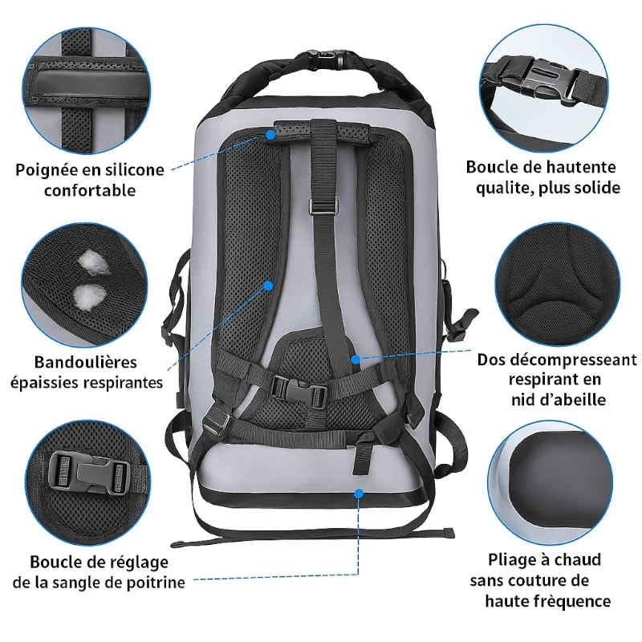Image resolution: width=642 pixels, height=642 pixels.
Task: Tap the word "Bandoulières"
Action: coord(86,362)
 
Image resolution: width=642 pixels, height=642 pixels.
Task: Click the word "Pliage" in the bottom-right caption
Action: coord(511,560)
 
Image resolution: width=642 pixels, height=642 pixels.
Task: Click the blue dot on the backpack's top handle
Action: coord(270,134)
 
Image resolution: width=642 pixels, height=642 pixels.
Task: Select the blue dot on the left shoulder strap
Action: coord(268,286)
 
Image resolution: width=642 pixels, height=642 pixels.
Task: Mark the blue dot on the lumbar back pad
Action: coord(356,360)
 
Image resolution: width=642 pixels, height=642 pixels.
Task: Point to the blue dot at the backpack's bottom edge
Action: coord(359,494)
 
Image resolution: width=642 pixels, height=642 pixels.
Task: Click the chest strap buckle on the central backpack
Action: coord(299,390)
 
